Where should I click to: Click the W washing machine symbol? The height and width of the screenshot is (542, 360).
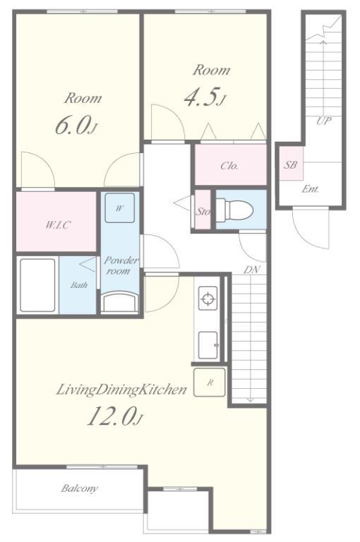(x=120, y=207)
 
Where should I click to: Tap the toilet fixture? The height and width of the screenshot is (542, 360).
(x=234, y=210)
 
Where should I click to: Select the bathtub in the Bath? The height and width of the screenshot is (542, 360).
(x=37, y=286)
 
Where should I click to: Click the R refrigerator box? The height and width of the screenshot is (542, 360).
(x=210, y=383)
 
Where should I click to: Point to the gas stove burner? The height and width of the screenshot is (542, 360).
(x=208, y=299)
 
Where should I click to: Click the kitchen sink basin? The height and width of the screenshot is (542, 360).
(x=208, y=345)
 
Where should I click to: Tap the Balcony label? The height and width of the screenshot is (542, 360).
(x=79, y=488)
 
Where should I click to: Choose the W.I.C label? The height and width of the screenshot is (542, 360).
(x=58, y=225)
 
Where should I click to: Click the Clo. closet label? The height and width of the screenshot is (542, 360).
(x=229, y=166)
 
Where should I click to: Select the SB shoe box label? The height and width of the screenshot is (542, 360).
(x=290, y=165)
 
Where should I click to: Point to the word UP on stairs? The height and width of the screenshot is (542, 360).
(x=324, y=121)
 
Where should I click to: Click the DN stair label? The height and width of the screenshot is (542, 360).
(x=251, y=270)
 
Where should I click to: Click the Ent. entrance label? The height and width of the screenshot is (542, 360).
(x=310, y=189)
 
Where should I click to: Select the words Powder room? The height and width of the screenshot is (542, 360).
(x=121, y=265)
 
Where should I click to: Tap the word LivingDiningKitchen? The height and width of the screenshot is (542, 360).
(x=121, y=390)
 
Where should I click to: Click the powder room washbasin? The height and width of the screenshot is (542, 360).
(x=121, y=302)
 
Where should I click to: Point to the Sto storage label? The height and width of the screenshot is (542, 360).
(x=203, y=211)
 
